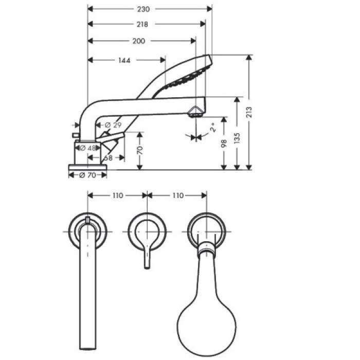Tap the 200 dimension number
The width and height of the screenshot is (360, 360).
pos(138,41)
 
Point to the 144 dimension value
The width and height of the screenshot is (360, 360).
pos(124,60)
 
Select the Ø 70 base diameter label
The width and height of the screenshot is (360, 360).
pos(88,175)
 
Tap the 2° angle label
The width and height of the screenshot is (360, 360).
pos(211,127)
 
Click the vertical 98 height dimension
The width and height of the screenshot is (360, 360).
pos(224,142)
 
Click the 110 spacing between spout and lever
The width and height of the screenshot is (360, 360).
pos(118,195)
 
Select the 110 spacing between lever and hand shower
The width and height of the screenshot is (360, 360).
pos(177,195)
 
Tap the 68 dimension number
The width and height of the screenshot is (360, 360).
pos(107,158)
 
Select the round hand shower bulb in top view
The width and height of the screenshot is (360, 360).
pos(207,314)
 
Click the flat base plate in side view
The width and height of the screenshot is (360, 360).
pos(88,167)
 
